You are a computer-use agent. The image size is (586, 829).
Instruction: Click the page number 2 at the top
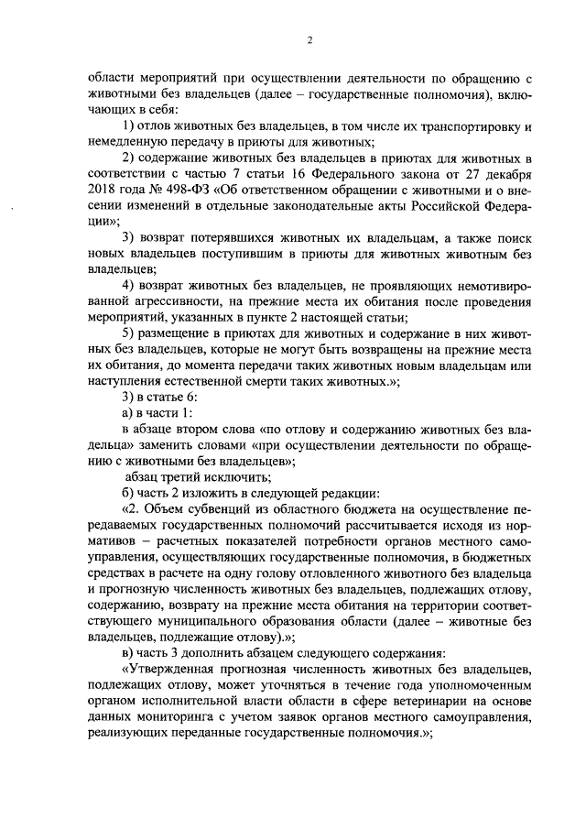tap(309, 38)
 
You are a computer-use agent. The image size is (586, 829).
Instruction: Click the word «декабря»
tap(508, 175)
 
